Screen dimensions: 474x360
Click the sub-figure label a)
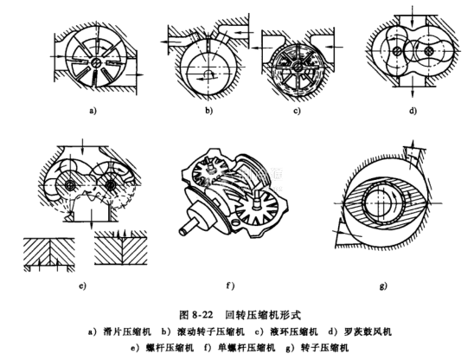93,111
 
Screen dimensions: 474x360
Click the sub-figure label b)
208,111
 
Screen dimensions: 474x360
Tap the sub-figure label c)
298,111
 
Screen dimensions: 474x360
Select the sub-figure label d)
413,111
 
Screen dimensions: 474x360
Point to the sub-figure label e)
82,286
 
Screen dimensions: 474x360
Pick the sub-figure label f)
230,286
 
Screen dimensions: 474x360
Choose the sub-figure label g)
383,286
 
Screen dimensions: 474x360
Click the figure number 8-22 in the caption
202,315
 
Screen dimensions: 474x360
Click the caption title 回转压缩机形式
263,315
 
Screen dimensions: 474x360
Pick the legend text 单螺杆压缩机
247,348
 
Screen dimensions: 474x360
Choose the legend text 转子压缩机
324,348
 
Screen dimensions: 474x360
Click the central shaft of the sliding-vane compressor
96,62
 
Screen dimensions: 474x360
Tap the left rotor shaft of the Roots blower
396,52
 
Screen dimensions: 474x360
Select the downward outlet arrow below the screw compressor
92,221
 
